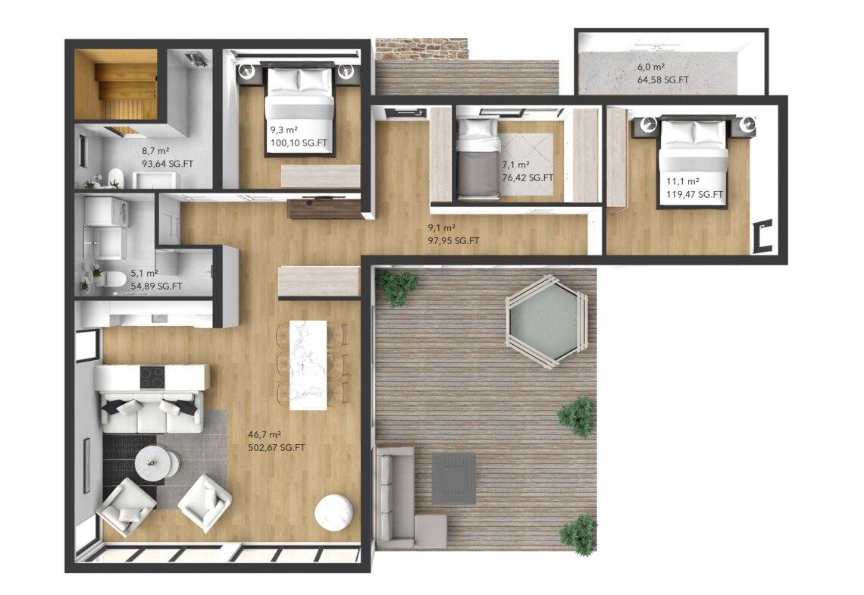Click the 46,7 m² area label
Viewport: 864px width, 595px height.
click(265, 434)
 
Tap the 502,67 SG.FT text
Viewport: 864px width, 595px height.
click(277, 448)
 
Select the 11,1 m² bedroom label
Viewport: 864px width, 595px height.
click(683, 181)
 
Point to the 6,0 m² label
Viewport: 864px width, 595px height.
click(652, 67)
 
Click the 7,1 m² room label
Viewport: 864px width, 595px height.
click(516, 164)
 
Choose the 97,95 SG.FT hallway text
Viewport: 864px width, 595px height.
click(453, 241)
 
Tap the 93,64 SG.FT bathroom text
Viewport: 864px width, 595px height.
click(167, 164)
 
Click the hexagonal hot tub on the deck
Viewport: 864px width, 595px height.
click(547, 320)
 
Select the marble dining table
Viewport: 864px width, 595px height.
click(308, 365)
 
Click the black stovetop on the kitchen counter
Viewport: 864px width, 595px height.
click(152, 377)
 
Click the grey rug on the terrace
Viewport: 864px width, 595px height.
click(453, 479)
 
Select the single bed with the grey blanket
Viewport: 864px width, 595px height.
click(478, 159)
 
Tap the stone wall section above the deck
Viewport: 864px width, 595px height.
click(422, 49)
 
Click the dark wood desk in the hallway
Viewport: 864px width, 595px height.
click(326, 208)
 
